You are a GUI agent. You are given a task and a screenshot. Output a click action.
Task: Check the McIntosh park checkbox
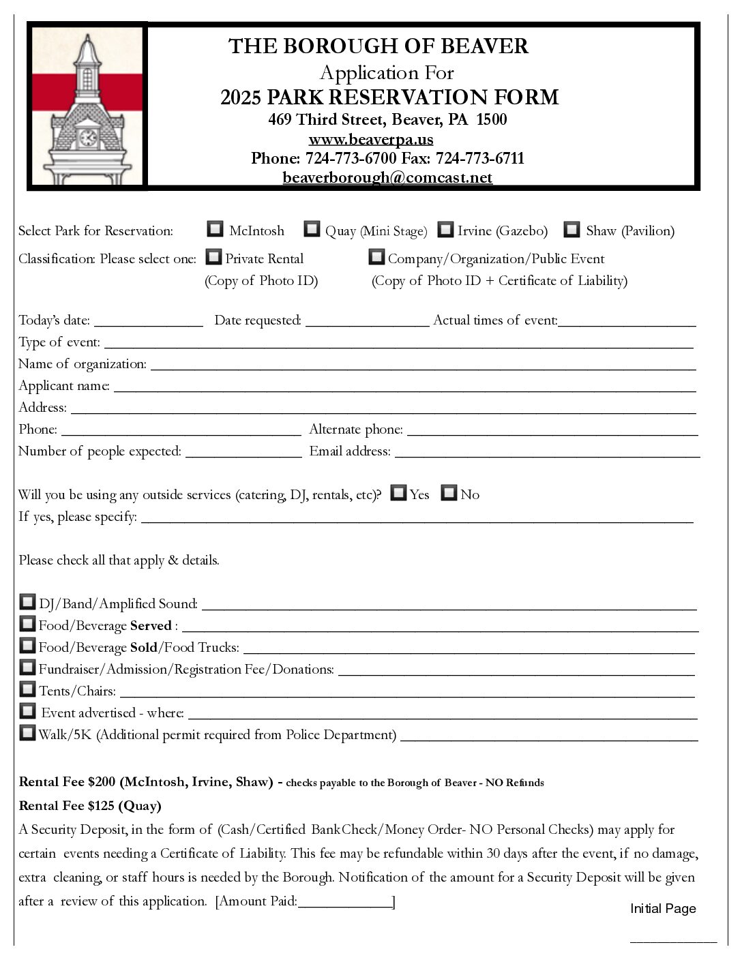tap(215, 229)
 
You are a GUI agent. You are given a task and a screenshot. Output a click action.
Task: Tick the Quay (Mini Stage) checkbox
tap(312, 229)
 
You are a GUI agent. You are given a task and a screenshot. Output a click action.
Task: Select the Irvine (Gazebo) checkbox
tap(445, 230)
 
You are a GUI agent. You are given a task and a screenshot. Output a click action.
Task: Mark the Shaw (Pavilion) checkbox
tap(572, 229)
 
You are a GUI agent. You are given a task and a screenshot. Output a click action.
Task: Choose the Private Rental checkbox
tap(214, 257)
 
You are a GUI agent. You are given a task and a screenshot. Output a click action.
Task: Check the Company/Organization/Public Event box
tap(376, 257)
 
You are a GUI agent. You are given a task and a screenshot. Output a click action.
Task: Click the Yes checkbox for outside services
tap(398, 493)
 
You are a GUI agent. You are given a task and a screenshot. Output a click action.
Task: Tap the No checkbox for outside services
tap(449, 493)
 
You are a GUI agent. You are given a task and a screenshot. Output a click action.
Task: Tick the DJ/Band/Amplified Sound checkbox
tap(27, 602)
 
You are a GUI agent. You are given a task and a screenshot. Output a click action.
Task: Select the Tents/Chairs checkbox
tap(27, 689)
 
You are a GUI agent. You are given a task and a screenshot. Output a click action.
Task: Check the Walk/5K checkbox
tap(27, 733)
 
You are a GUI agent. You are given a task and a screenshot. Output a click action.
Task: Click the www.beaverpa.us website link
tap(371, 140)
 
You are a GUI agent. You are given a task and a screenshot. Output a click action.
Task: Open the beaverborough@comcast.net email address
tap(387, 177)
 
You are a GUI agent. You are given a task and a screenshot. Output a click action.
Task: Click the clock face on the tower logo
tap(87, 138)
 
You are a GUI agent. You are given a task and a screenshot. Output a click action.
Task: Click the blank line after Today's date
tap(148, 322)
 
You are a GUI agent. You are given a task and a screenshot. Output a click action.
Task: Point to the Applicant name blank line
tap(404, 387)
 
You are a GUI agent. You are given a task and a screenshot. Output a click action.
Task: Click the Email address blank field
tap(547, 453)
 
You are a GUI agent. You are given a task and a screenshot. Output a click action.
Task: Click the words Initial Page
tap(663, 909)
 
